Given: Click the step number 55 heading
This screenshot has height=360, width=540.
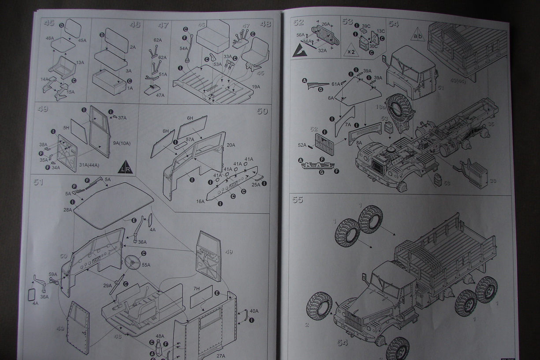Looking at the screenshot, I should pos(298,200).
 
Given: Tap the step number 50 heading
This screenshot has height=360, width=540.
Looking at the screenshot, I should pos(262,111).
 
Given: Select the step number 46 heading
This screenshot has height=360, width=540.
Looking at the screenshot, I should pos(135,25).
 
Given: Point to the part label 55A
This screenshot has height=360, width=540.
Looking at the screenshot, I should pos(145,265).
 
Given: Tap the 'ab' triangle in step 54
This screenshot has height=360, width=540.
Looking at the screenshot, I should pos(417,34).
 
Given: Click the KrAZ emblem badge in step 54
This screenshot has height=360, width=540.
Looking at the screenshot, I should pos(317,166).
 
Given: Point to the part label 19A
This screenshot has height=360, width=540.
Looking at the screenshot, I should pos(256,87).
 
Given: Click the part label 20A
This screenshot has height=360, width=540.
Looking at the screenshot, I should pos(231,145).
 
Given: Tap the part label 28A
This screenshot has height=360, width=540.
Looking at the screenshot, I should pos(67,210).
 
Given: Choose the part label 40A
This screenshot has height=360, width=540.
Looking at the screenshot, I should pos(254,311).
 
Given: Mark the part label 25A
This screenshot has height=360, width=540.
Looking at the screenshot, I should pos(256,185).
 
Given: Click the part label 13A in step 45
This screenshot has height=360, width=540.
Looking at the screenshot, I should pos(80,63).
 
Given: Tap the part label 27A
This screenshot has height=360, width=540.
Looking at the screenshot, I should pos(221,356).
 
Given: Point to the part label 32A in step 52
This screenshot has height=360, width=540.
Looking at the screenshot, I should pos(323,51).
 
